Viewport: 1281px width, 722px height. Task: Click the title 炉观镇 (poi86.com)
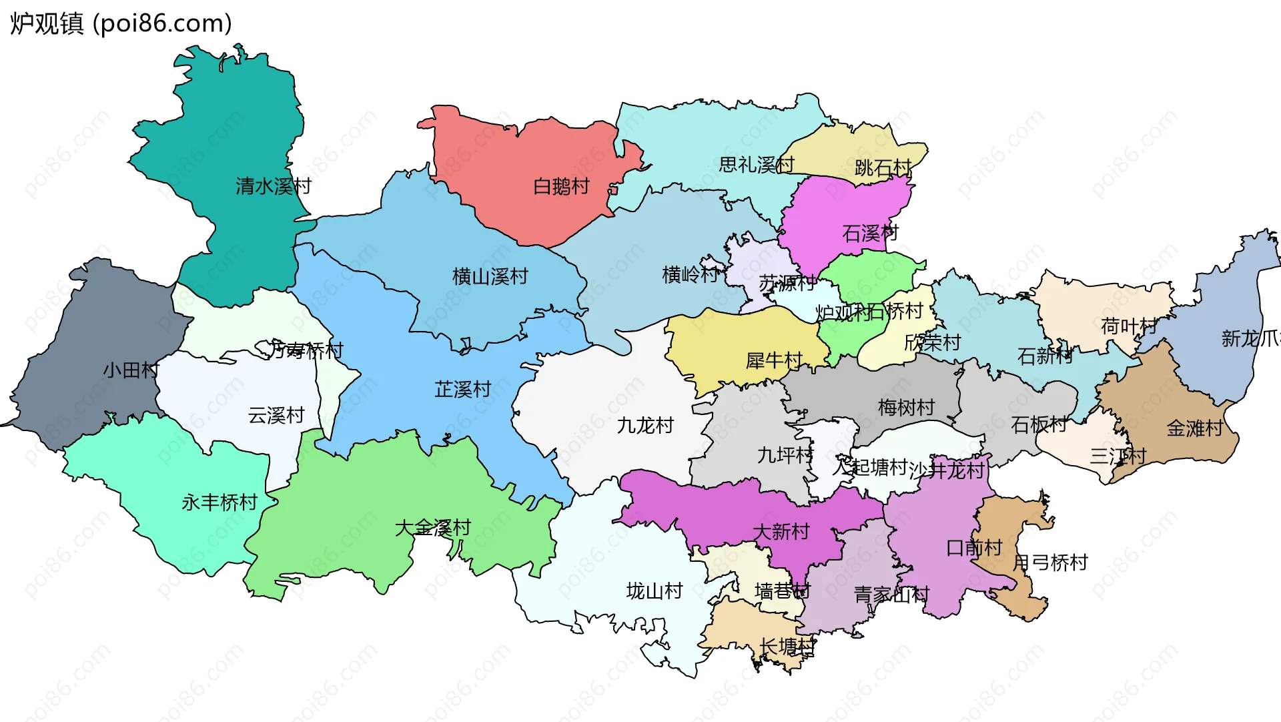tap(121, 23)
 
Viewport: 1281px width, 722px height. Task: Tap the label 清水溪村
tap(274, 186)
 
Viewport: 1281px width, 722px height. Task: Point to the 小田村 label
tap(131, 370)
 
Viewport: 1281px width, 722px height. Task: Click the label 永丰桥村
tap(220, 502)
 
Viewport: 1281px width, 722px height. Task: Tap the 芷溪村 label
tap(463, 389)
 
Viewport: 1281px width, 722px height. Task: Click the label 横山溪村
tap(490, 276)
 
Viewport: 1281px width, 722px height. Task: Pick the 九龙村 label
tap(645, 425)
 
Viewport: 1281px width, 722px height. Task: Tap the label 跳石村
tap(883, 167)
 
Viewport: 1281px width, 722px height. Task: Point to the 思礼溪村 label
tap(757, 165)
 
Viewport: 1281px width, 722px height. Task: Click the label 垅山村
tap(655, 591)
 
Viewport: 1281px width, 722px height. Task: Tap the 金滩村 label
tap(1194, 428)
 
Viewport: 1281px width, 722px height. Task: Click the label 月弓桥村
tap(1050, 563)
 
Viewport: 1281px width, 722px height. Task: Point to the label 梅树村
tap(906, 407)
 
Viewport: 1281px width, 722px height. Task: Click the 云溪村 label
tap(276, 416)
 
